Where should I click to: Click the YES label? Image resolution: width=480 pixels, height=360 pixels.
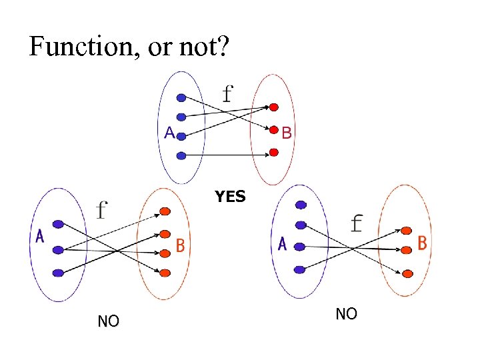(230, 197)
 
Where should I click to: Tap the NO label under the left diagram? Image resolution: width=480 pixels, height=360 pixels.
(108, 321)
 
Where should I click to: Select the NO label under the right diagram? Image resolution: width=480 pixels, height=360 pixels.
(346, 313)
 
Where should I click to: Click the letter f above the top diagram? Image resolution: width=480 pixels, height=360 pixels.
(228, 94)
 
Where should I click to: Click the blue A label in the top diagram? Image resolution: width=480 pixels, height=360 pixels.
(170, 133)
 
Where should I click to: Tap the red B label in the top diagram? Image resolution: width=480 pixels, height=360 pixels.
(286, 133)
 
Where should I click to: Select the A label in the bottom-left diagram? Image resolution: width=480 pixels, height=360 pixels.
(40, 237)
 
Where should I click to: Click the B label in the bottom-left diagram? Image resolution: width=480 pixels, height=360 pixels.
(179, 246)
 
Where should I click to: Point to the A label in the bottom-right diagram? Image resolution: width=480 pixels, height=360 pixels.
(283, 245)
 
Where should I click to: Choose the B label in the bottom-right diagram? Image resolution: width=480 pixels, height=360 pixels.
(421, 243)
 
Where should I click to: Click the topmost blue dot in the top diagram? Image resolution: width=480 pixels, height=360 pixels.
(181, 98)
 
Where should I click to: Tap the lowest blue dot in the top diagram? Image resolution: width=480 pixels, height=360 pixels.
(181, 156)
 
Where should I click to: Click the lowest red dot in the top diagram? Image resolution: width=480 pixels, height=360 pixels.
(273, 153)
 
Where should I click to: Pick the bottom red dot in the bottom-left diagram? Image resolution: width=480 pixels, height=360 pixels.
(165, 273)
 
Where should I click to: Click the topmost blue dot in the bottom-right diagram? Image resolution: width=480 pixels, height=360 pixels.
(301, 205)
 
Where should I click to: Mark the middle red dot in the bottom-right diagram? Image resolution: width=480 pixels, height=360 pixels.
(406, 250)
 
